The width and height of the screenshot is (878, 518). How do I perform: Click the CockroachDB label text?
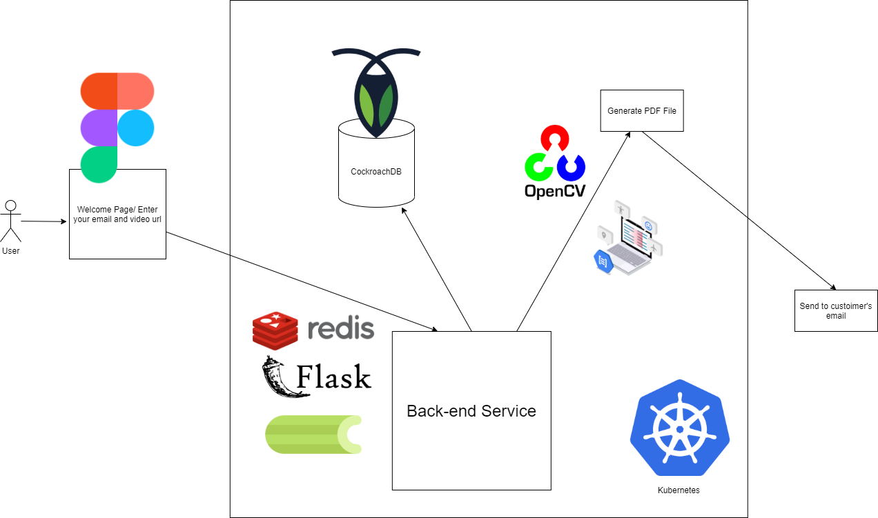pos(376,172)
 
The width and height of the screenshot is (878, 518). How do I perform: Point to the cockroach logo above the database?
pos(376,90)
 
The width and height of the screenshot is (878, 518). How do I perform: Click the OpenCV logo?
pos(555,163)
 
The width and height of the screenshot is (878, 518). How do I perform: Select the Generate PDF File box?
pos(642,110)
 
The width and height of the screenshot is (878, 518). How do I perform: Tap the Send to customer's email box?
pos(836,310)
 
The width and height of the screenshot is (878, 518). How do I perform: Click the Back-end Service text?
pos(471,411)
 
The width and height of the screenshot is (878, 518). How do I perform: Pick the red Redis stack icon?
pos(275,330)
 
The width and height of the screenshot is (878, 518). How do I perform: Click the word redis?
pos(341,329)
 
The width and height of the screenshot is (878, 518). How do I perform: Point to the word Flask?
pos(334,377)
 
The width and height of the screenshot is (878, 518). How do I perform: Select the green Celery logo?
pos(313,435)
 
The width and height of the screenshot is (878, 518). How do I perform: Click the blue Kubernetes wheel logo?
pos(680,428)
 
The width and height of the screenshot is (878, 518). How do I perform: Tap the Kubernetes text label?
pos(679,490)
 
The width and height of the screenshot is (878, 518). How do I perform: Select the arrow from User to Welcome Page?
pos(45,221)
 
